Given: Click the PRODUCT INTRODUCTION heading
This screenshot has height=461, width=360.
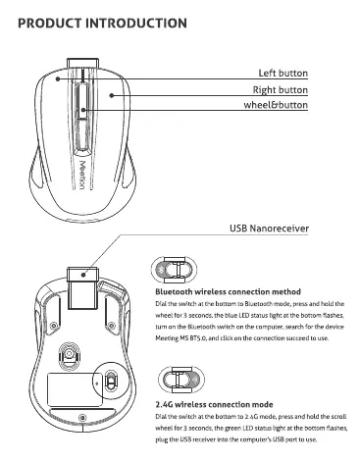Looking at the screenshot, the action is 102,24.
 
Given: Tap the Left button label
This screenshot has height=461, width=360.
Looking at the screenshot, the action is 283,73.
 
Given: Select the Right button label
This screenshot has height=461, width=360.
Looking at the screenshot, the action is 281,90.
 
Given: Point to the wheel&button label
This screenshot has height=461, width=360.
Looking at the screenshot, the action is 276,105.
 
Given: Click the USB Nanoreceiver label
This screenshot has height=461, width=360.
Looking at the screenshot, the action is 269,229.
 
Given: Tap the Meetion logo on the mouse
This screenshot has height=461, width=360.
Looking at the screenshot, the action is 82,175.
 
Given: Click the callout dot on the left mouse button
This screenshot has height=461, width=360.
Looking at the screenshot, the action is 57,78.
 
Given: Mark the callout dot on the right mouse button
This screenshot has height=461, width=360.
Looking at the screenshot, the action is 112,95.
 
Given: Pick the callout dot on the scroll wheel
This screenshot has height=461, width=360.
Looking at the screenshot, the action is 83,110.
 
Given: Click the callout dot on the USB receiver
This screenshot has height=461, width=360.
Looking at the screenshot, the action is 83,275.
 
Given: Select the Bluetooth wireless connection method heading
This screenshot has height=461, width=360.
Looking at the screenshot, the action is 228,291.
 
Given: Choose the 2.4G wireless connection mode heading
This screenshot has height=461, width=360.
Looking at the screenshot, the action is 214,404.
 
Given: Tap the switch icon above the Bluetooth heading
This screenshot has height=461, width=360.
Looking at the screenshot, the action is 174,270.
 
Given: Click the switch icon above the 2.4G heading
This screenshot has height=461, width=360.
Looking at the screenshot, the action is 181,380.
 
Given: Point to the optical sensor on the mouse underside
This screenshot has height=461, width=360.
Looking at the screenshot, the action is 69,353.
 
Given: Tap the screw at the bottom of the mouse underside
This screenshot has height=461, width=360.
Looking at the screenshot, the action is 82,418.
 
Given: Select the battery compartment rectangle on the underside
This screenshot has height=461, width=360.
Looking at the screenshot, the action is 75,389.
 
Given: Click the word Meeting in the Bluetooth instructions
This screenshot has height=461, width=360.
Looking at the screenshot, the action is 167,338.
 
